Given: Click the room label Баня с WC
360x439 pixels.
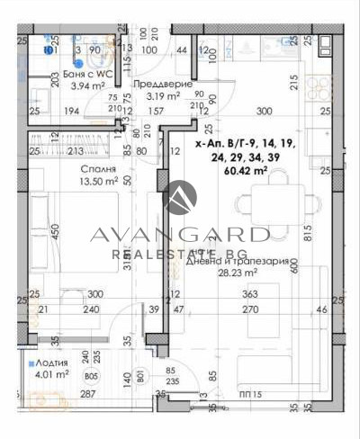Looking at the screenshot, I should (88, 74).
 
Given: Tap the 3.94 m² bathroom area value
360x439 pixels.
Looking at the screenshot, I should (88, 86).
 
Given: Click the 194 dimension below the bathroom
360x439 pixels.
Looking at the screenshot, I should (72, 111).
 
